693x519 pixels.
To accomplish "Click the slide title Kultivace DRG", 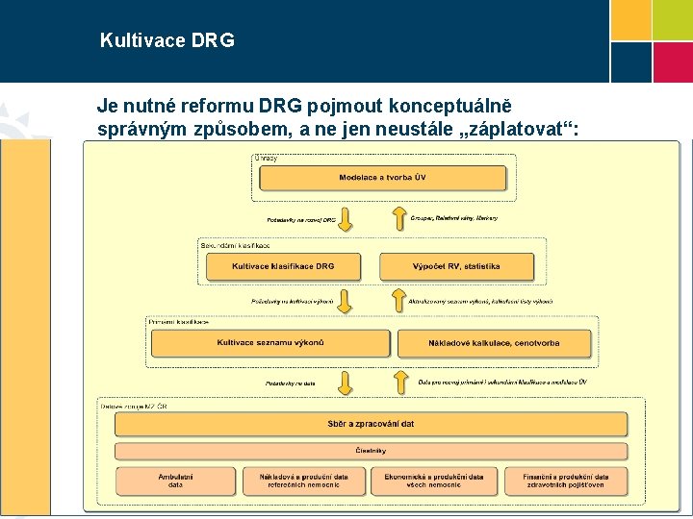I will click(x=167, y=41).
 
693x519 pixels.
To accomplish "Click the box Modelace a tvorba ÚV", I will click(x=382, y=178).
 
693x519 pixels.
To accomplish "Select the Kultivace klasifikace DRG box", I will click(x=283, y=266).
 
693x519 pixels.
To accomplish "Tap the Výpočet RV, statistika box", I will click(x=456, y=266).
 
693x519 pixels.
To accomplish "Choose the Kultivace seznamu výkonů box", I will click(x=270, y=343).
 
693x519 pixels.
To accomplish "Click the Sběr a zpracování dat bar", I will click(x=371, y=424).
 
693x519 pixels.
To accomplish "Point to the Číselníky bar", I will click(x=371, y=450).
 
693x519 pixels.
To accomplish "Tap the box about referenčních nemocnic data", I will click(x=303, y=482).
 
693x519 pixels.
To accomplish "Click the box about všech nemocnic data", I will click(x=434, y=482).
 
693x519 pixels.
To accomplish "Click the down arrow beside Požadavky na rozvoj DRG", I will click(x=346, y=219).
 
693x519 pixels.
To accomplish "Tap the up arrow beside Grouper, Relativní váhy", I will click(x=399, y=219).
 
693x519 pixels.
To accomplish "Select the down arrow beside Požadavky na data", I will click(x=346, y=383).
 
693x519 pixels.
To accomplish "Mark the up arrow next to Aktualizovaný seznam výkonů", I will click(x=399, y=300).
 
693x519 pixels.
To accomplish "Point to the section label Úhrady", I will click(x=266, y=158).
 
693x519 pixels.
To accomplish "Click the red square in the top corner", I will click(x=672, y=62).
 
